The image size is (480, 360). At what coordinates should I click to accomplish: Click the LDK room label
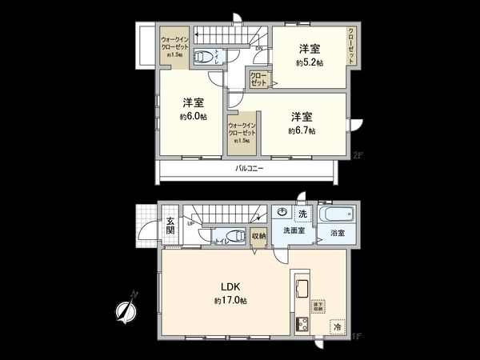[x=230, y=287]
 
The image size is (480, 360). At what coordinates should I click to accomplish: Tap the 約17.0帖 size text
[x=230, y=301]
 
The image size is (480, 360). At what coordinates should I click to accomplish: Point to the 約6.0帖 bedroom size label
[x=193, y=116]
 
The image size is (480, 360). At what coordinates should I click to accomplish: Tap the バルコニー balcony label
[x=250, y=170]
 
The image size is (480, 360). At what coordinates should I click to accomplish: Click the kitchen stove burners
[x=303, y=325]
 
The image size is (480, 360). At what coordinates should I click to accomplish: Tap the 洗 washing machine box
[x=302, y=214]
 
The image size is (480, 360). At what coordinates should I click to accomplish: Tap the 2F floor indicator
[x=358, y=156]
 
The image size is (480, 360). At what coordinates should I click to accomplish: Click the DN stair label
[x=258, y=48]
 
